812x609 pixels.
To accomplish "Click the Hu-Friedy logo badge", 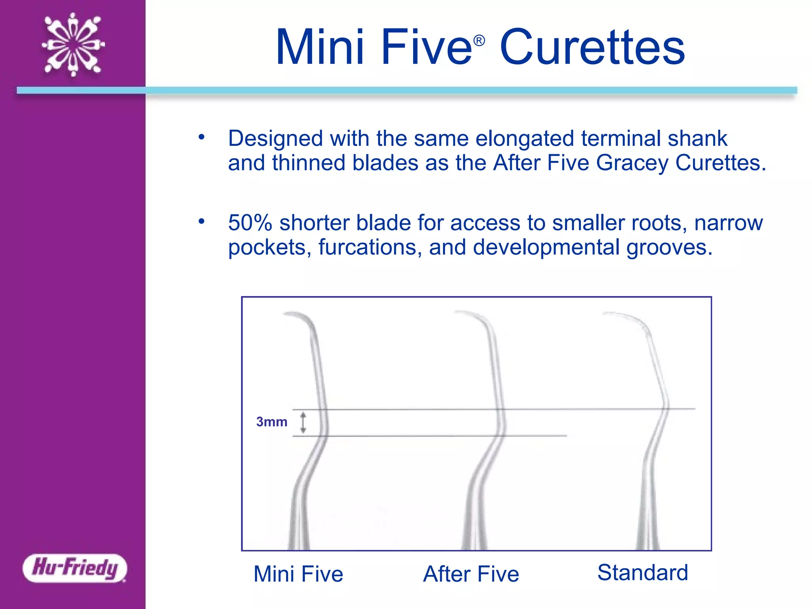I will click(x=75, y=568).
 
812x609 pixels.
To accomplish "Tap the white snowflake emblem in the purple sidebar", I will click(x=73, y=44).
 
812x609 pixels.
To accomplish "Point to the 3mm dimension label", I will click(x=272, y=422).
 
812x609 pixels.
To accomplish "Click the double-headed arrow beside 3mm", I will click(x=303, y=423).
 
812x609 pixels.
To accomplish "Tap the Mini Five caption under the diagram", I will click(x=298, y=574).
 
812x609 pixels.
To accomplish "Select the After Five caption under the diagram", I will click(x=471, y=574).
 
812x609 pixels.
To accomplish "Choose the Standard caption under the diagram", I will click(x=643, y=573).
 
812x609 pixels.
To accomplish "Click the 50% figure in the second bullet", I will click(x=250, y=223).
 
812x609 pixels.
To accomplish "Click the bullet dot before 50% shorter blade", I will click(x=202, y=221).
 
